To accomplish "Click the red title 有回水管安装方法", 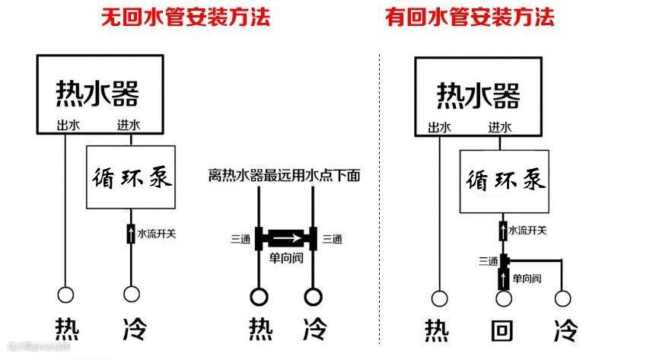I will coord(468,16).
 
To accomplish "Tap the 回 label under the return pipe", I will coord(501,330).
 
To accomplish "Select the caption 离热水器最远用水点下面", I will coord(284,176).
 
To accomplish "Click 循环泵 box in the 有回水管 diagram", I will coord(503,180).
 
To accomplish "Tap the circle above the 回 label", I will coord(502,297).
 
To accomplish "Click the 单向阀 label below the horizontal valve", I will coord(285,258).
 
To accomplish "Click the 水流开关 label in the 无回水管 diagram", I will coord(156,233).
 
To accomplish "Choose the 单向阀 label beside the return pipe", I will coord(527,278).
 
